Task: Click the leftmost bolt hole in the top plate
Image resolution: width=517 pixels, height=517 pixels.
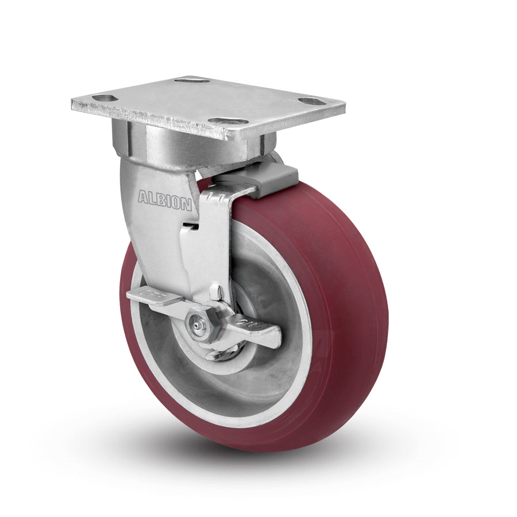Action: click(x=105, y=98)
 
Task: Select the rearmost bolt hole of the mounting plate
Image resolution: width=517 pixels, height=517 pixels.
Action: click(x=192, y=79)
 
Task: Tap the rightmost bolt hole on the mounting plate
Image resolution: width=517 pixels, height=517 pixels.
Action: click(x=312, y=101)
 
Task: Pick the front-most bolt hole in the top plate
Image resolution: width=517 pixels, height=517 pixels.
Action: click(x=228, y=121)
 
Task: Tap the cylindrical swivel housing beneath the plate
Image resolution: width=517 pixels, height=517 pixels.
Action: click(x=172, y=144)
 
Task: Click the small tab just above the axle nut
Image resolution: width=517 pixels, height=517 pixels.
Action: click(x=215, y=293)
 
